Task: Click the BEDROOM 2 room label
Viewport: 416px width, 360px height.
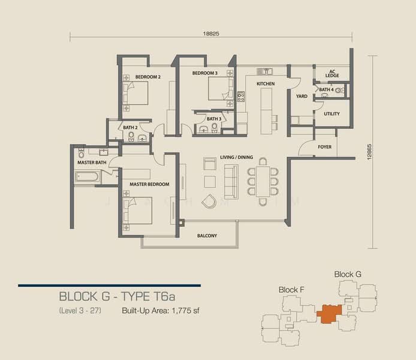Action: (148, 77)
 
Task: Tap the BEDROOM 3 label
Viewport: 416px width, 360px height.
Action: (205, 73)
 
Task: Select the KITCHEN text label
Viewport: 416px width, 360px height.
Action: (266, 84)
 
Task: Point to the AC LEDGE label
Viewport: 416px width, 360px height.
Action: (332, 74)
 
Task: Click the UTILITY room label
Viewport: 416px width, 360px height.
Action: (331, 113)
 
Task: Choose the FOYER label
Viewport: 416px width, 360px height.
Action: (324, 147)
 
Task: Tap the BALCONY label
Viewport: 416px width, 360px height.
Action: (207, 236)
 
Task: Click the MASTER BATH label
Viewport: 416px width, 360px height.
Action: (92, 163)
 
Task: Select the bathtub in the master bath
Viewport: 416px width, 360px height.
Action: (88, 176)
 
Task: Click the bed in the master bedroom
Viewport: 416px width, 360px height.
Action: (137, 211)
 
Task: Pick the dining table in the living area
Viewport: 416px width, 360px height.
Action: (263, 182)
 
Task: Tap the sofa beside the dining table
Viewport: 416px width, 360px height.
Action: (231, 182)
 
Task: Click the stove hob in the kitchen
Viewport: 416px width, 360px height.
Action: (241, 97)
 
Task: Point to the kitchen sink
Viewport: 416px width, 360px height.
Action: (264, 71)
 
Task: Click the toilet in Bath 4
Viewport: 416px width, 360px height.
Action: (339, 90)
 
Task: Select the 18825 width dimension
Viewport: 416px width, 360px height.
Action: (211, 34)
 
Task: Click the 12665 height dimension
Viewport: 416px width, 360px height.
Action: (370, 152)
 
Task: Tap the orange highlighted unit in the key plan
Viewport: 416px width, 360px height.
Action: (329, 314)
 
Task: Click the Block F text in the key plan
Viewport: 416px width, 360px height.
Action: (291, 290)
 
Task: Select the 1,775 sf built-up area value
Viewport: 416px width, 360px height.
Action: (185, 311)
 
